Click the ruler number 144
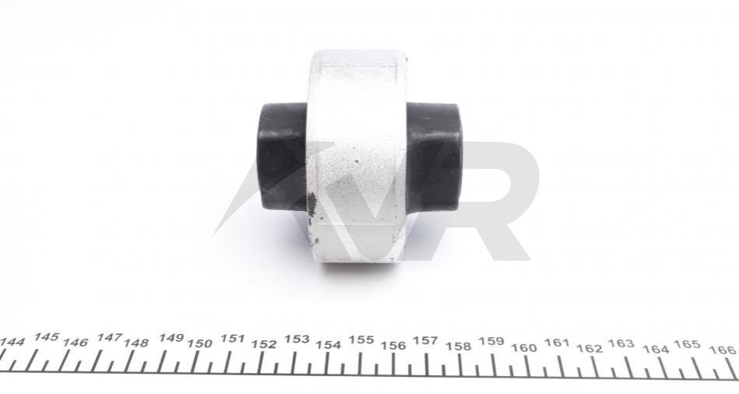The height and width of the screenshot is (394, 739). [12, 342]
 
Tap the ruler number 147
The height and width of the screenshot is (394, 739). [109, 337]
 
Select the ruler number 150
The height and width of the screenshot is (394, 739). [199, 343]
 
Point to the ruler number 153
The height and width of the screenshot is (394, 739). [297, 339]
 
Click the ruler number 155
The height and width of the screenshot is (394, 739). [361, 339]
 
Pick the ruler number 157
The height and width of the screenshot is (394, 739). [425, 340]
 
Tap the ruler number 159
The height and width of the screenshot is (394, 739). [491, 341]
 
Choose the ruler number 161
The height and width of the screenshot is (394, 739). [557, 343]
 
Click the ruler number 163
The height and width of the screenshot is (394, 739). [621, 343]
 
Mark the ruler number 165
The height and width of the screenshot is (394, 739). [686, 344]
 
